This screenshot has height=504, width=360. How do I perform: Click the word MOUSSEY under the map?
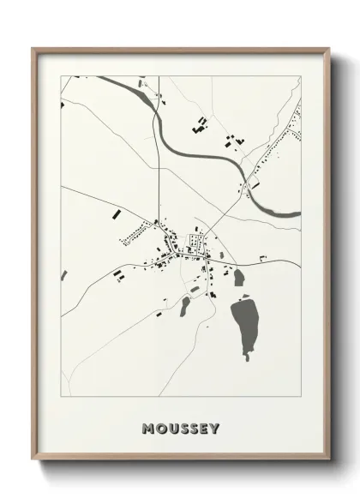click(182, 428)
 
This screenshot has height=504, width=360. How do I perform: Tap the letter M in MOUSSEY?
click(149, 428)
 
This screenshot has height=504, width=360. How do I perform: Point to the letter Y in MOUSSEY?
click(215, 428)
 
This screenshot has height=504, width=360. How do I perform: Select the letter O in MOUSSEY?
click(160, 428)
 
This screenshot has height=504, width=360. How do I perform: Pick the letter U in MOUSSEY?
click(171, 428)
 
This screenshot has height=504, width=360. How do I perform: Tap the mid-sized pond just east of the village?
click(238, 278)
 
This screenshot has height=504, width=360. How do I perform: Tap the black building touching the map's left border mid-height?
click(64, 275)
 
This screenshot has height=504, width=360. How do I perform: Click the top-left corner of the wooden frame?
click(33, 49)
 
